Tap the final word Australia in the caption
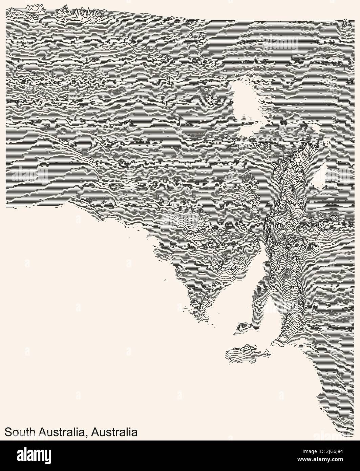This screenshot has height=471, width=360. click(116, 432)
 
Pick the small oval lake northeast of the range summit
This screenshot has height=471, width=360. click(317, 127)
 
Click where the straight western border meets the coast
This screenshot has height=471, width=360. click(7, 207)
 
